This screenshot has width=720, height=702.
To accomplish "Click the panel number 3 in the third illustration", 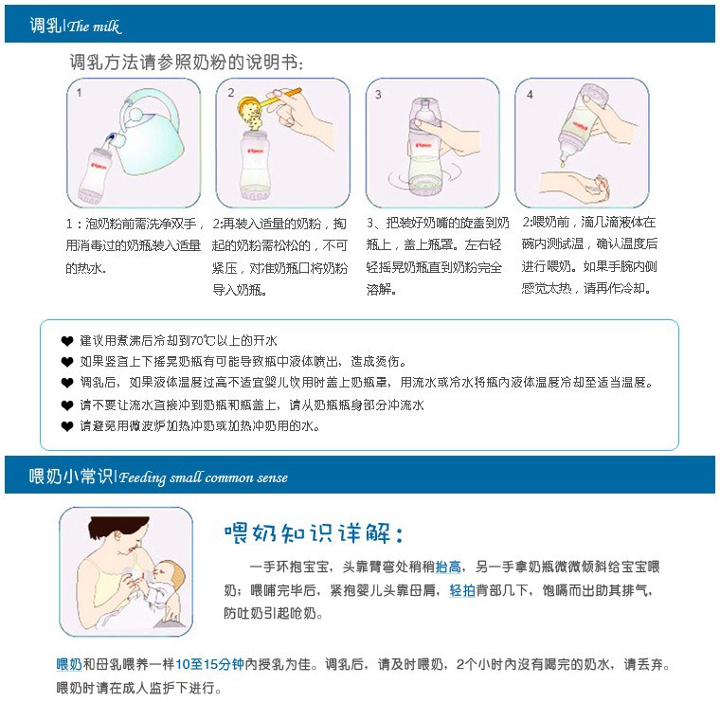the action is coord(378,95).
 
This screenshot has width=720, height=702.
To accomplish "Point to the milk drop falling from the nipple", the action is coord(562,162).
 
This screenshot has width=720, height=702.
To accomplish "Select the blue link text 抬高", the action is coord(448,567).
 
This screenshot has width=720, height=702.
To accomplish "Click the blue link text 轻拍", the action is coord(462,590).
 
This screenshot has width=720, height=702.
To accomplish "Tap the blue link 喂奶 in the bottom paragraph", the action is coord(69,664).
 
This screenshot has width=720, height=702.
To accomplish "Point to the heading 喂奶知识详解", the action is coord(314,533).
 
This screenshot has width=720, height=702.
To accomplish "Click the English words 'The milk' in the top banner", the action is coord(94,27).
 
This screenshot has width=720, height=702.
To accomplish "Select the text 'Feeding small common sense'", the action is coord(204,477).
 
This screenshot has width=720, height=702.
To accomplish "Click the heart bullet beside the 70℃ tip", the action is coord(67,341).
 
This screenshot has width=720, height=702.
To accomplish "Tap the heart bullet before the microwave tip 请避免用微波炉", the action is coord(67,426).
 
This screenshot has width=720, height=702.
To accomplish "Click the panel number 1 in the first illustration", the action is coord(79,93).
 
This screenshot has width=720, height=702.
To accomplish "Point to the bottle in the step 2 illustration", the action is coord(255,165).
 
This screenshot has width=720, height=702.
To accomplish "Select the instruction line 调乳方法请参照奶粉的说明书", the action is coord(187,62).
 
